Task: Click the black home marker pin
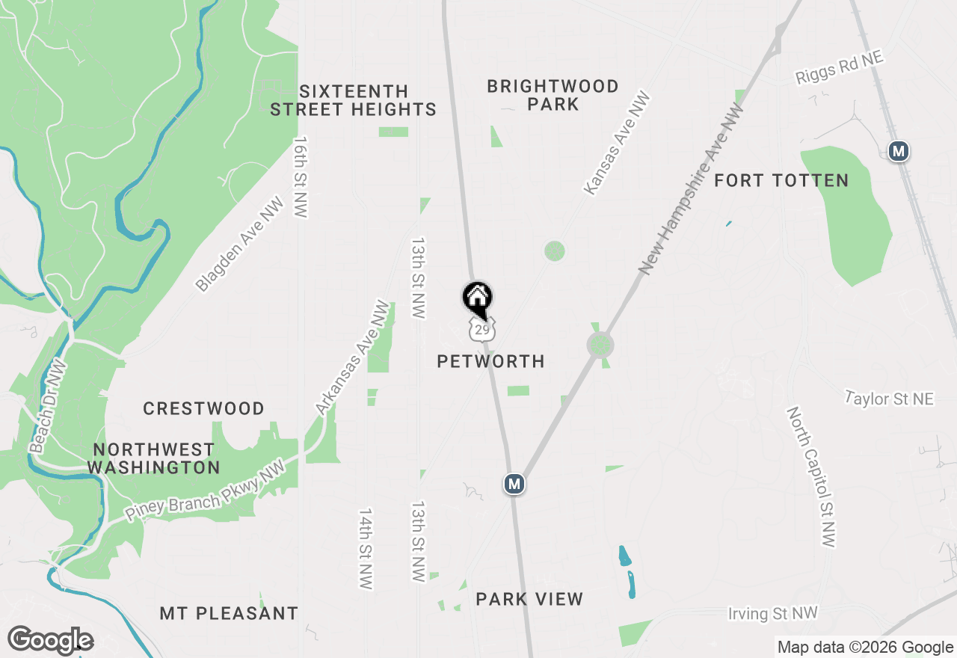click(477, 298)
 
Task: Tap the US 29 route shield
click(482, 329)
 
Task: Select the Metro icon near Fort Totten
click(899, 151)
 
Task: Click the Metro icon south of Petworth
click(514, 485)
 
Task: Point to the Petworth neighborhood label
click(490, 362)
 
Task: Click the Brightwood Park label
click(553, 95)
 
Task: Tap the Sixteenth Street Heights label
click(353, 100)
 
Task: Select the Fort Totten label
click(781, 180)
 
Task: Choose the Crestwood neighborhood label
click(203, 409)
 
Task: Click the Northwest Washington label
click(154, 458)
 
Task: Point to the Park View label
click(529, 599)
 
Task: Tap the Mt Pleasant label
click(229, 614)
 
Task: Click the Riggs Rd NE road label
click(839, 68)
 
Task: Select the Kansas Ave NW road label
click(617, 144)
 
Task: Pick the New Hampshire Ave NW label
click(692, 190)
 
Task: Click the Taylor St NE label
click(889, 399)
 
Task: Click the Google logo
click(50, 641)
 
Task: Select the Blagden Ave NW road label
click(240, 245)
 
